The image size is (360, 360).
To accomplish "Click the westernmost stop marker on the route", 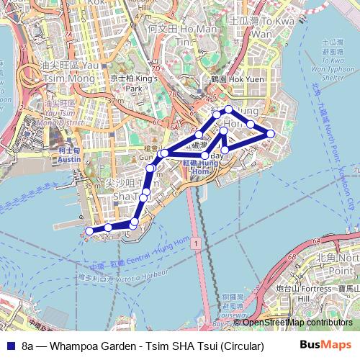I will coord(89,231).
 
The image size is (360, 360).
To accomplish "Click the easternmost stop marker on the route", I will coord(271,133).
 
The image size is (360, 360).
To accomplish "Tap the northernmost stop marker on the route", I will coord(229,109).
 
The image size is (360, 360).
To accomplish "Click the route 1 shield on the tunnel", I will coord(194,245).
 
